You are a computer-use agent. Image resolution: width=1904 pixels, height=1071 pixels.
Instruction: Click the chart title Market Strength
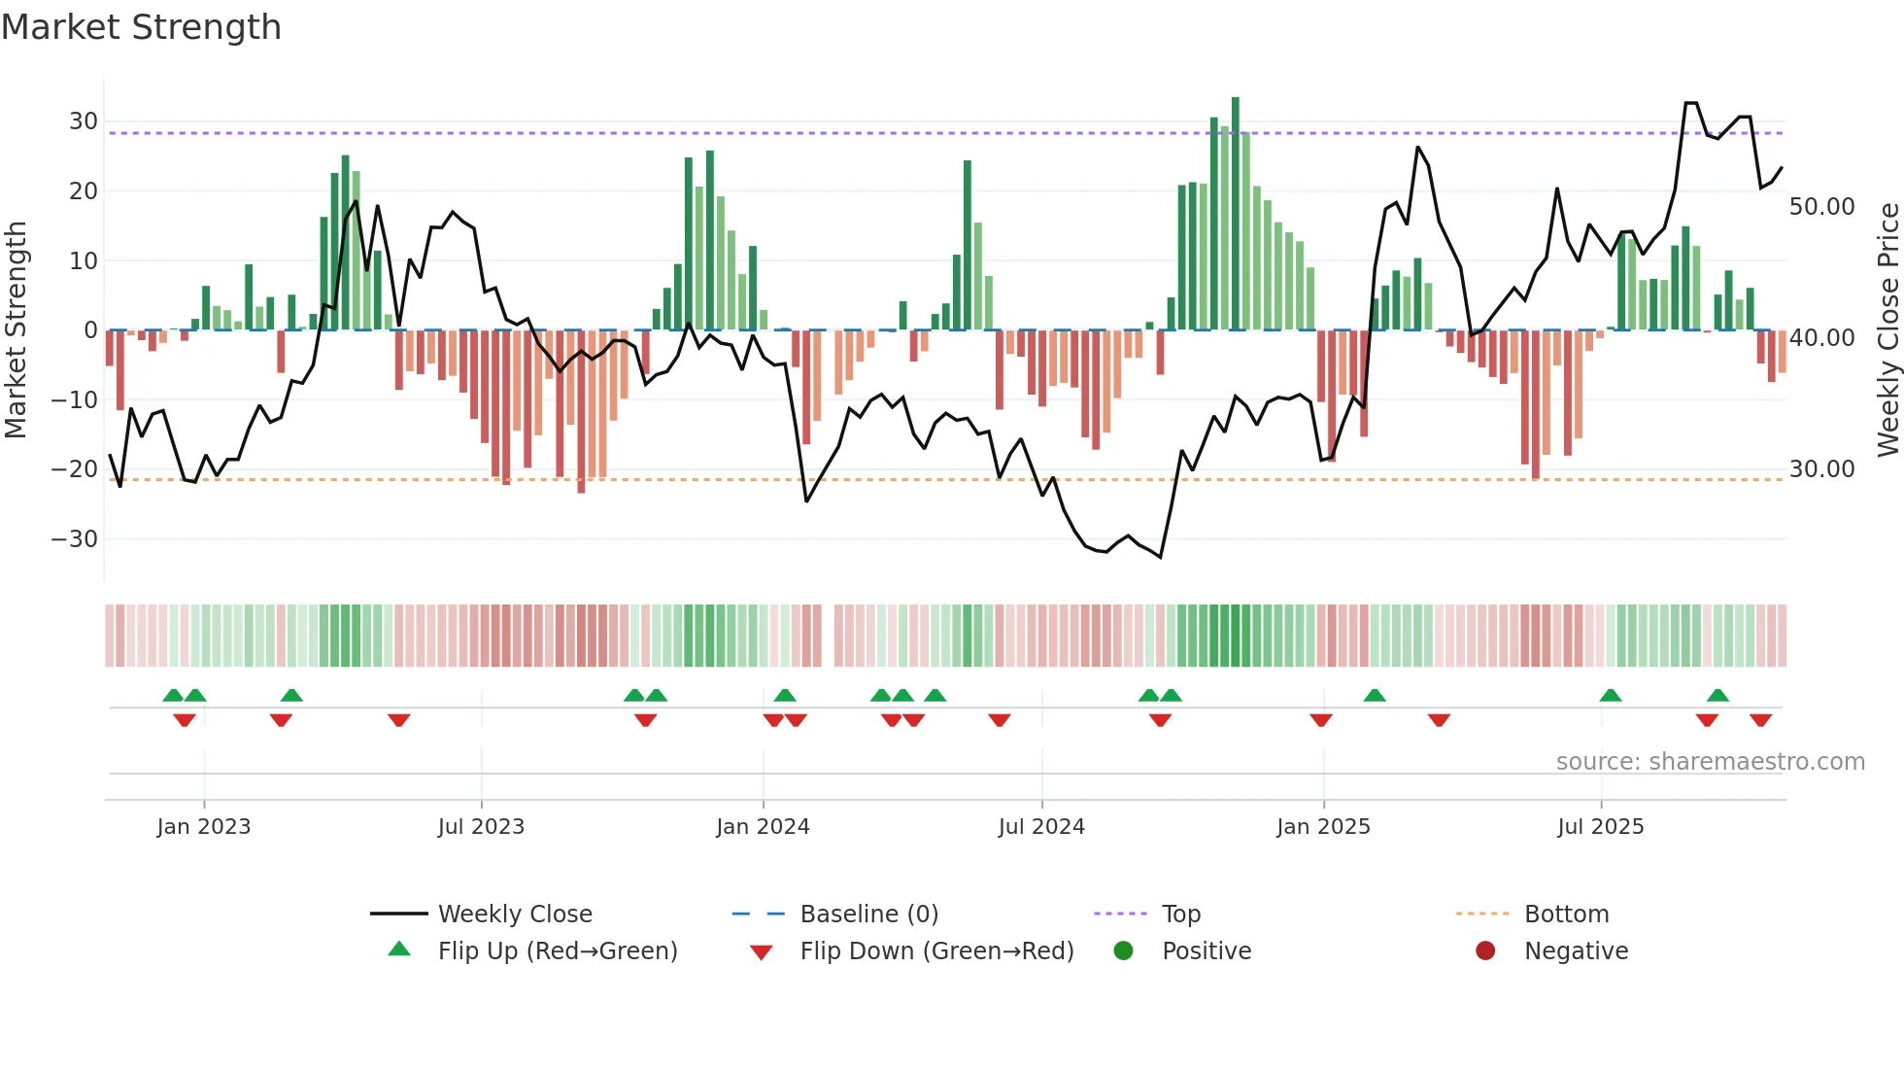click(141, 27)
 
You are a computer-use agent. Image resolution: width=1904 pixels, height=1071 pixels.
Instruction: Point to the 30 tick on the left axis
click(84, 121)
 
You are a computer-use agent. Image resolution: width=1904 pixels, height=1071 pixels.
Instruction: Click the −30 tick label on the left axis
click(75, 539)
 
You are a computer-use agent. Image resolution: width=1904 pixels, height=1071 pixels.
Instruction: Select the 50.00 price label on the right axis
click(1821, 207)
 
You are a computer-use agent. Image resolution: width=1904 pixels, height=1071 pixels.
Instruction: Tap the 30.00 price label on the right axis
click(1821, 469)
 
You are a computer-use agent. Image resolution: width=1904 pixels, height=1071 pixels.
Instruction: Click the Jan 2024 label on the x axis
click(763, 827)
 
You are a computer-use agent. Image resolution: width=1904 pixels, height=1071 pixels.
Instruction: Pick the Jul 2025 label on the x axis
click(1600, 827)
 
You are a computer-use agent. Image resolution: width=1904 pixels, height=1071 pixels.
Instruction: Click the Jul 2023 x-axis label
click(481, 827)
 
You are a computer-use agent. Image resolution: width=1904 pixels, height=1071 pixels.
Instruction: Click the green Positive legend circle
click(1124, 951)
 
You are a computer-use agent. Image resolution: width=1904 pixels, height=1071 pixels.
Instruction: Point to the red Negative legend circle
click(1485, 951)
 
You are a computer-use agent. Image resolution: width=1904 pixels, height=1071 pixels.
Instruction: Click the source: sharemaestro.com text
click(1710, 762)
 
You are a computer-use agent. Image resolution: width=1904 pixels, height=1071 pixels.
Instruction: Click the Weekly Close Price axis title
click(1887, 330)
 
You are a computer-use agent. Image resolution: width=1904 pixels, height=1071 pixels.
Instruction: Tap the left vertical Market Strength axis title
click(17, 330)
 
